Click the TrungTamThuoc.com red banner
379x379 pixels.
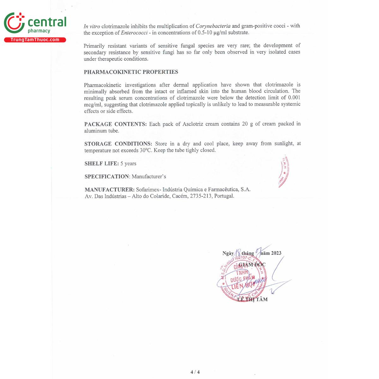35,40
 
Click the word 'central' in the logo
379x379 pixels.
47,22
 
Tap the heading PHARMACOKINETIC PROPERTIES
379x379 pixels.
131,72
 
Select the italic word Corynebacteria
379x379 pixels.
213,26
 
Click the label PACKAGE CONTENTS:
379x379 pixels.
115,124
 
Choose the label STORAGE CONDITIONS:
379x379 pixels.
118,144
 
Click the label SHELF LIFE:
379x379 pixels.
101,164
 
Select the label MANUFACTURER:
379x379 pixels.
110,189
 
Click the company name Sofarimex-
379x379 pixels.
148,189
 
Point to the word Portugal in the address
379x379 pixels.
224,196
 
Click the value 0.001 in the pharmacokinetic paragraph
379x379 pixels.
294,98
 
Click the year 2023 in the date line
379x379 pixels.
276,253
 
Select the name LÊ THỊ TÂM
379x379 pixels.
252,299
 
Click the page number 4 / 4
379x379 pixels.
195,372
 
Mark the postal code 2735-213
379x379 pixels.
201,196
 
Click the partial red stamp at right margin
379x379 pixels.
284,172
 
